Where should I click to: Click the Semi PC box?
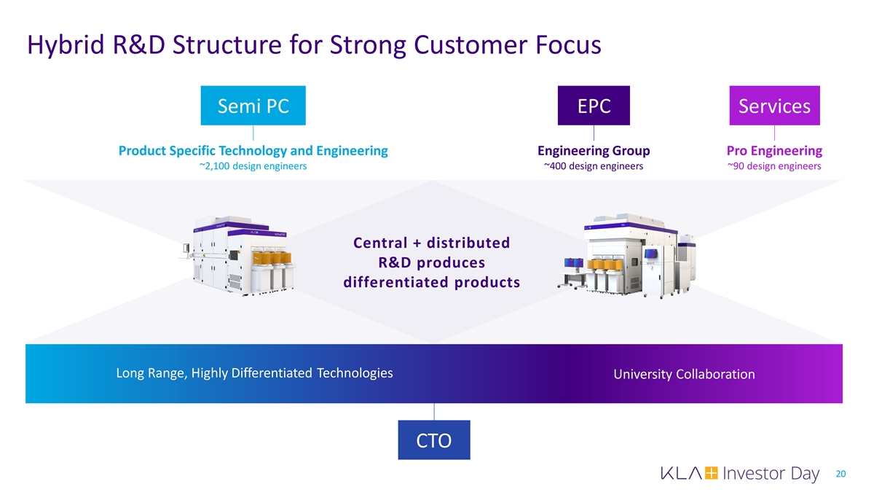coord(253,106)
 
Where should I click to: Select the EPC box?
coord(594,106)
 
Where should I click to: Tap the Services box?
coord(774,106)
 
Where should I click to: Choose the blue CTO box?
coord(433,440)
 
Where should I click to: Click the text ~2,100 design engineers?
coord(253,166)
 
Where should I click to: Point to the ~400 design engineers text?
coord(594,166)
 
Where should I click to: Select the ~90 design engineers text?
coord(774,166)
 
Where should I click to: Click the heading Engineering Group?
coord(594,151)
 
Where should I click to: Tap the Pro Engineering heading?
coord(774,151)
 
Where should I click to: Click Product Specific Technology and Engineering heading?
coord(253,151)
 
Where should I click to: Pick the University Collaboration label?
coord(684,374)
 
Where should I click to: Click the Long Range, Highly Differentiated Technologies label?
coord(254,373)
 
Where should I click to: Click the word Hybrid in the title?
coord(63,46)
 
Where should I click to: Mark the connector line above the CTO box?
coord(434,412)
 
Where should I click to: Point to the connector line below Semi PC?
coord(253,133)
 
